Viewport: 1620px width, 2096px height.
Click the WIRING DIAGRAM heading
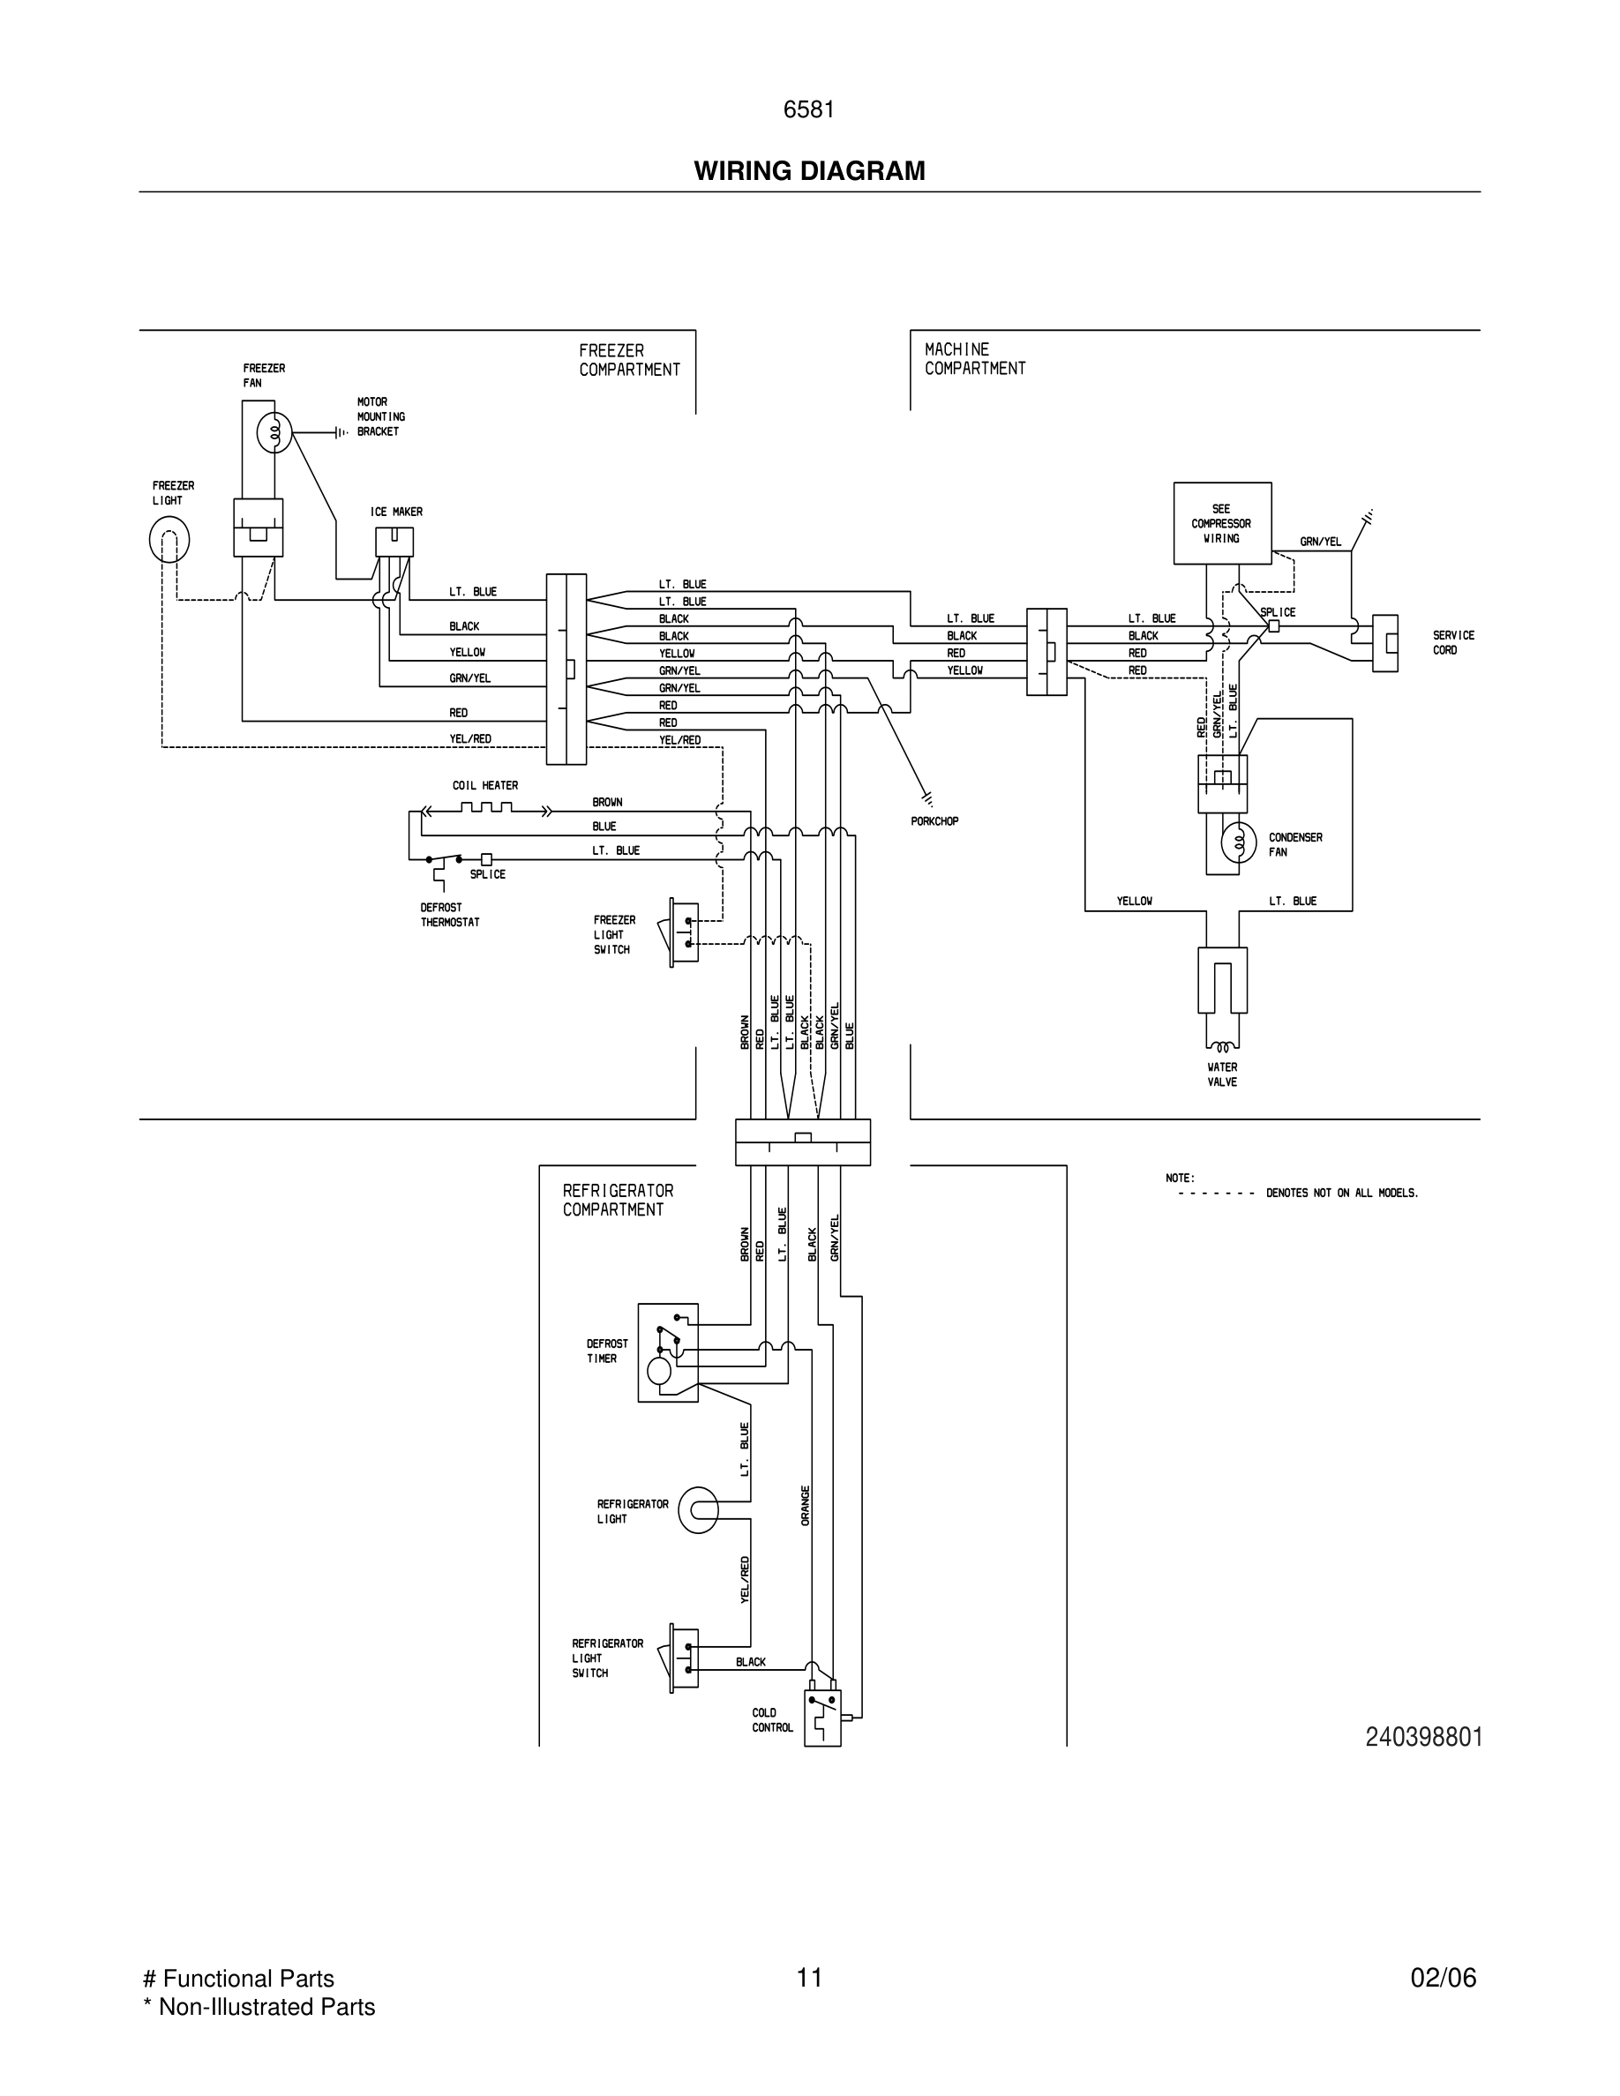[809, 171]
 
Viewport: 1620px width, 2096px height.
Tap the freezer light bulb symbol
[169, 539]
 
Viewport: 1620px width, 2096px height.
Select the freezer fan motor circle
[274, 434]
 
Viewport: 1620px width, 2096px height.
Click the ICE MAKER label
[396, 512]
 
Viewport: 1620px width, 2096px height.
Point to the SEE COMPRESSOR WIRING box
[1222, 523]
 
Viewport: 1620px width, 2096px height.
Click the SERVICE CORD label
[1453, 643]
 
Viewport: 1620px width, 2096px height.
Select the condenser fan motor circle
[1238, 842]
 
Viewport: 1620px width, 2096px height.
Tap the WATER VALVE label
[1222, 1074]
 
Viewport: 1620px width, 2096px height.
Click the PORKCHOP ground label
[934, 821]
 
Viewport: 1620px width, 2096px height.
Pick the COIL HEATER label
[484, 785]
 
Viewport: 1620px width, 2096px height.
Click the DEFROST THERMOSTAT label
[449, 915]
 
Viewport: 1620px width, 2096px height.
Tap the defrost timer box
[668, 1352]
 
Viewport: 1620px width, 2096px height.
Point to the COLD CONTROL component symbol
[822, 1717]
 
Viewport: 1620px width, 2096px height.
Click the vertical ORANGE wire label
[806, 1505]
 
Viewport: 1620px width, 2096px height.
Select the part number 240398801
[1423, 1737]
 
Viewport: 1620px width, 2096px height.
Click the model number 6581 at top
[809, 110]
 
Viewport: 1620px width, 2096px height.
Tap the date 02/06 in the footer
[1443, 1978]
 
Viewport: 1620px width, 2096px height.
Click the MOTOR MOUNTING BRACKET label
[381, 416]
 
